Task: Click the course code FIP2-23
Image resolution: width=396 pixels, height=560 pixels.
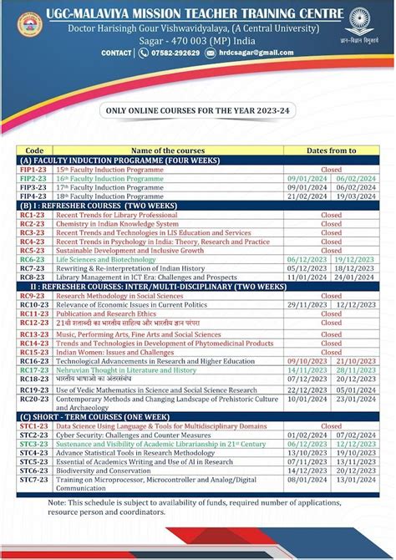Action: point(33,178)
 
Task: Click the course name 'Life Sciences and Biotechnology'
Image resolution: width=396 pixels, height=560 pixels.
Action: point(112,260)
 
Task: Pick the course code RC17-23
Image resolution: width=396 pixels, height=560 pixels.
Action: point(33,369)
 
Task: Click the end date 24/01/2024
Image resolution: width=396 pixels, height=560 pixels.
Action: point(355,277)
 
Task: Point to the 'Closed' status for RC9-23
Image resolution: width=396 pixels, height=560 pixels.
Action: point(331,296)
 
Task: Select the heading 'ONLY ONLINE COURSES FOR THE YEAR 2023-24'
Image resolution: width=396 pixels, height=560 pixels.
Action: point(198,109)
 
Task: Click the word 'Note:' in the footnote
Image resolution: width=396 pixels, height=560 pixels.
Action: point(58,503)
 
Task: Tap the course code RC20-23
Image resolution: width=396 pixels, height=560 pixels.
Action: point(33,399)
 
